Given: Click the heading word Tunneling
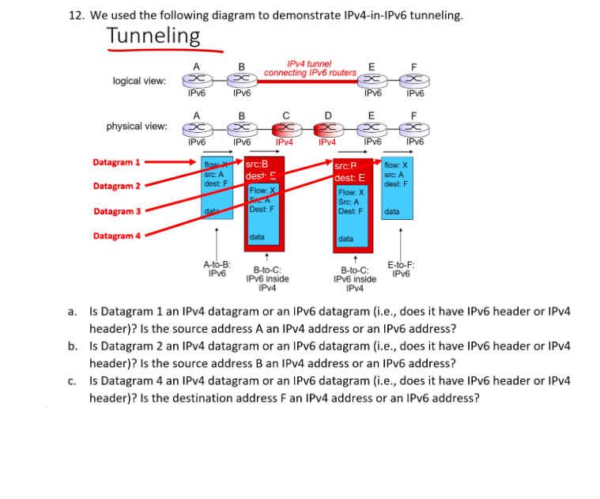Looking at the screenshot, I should point(153,36).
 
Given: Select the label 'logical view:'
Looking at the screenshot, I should point(139,81).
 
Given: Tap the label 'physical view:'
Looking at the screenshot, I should point(137,127).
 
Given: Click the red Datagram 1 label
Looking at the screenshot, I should point(116,162).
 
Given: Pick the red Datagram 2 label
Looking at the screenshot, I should point(116,187).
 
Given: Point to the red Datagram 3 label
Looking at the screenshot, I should point(116,211).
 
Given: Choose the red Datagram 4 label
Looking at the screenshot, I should point(116,236).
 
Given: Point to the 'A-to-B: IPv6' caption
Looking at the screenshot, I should point(217,269).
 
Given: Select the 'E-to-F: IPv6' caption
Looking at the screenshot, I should point(401,269).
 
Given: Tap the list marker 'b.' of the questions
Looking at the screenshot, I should point(73,346).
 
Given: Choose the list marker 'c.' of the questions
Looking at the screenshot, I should point(73,380).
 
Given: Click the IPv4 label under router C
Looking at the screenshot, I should point(285,142).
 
